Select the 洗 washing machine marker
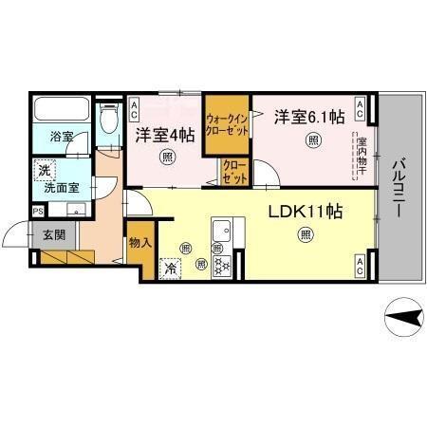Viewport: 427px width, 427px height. tap(43, 171)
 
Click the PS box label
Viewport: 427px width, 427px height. tap(38, 212)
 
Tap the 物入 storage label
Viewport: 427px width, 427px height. tap(140, 243)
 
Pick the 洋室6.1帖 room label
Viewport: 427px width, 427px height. tap(309, 118)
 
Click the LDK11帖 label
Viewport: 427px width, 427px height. tap(304, 210)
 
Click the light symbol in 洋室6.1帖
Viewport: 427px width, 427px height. tap(314, 141)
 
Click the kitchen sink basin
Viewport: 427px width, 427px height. tap(224, 231)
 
